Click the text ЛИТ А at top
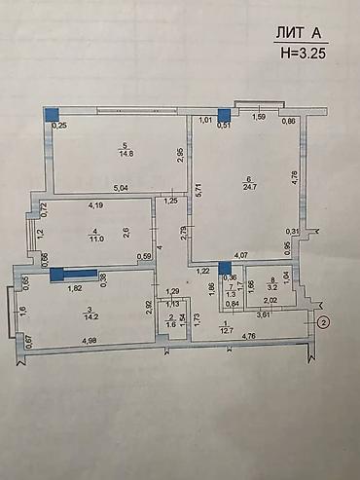pos(301,32)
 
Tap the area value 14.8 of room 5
pos(126,153)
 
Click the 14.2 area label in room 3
pos(92,314)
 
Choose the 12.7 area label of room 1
pos(228,330)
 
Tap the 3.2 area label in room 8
pos(273,288)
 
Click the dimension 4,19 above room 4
pos(95,205)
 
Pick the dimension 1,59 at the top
pos(259,119)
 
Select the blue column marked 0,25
pos(52,114)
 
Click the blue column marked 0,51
pos(223,113)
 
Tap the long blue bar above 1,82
pos(73,275)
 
